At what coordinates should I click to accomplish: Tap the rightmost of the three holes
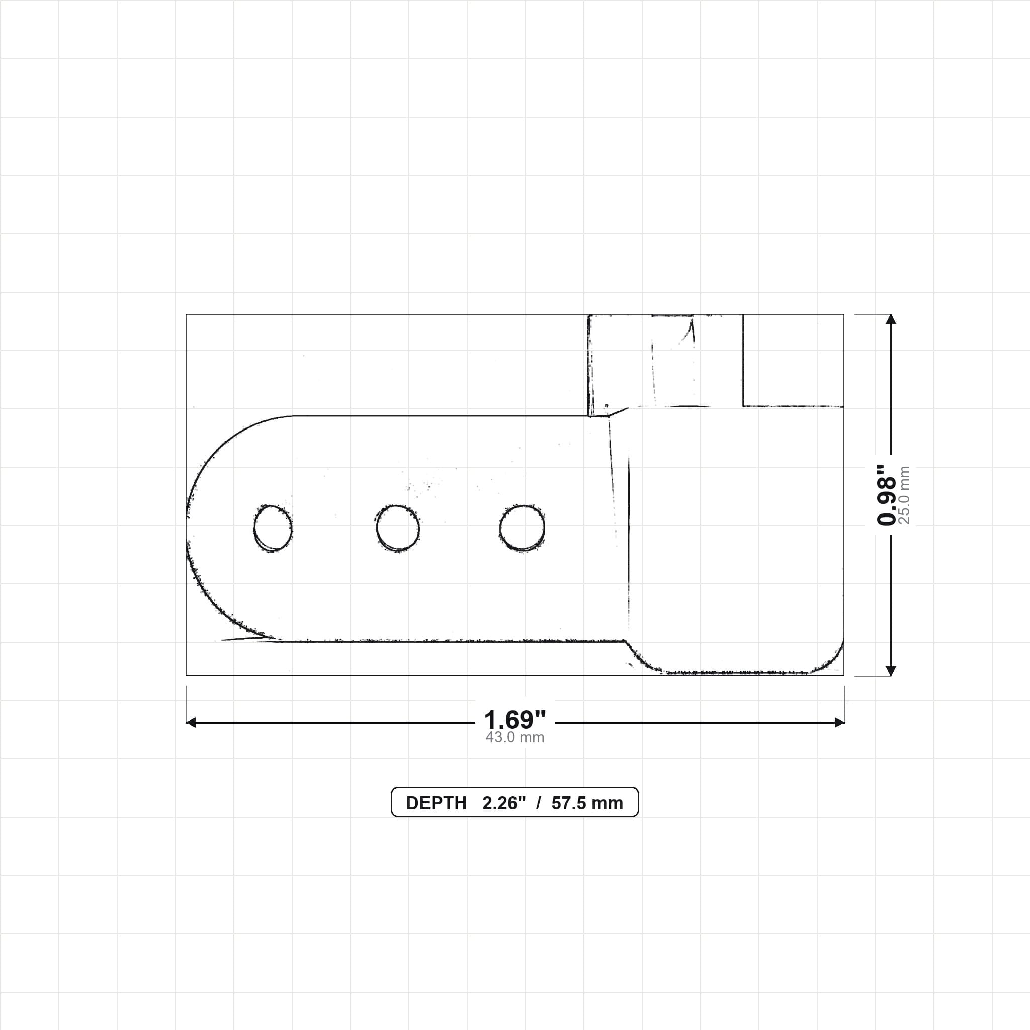point(523,528)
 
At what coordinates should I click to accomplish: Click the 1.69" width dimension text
point(515,720)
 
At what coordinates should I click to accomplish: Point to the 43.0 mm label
point(515,737)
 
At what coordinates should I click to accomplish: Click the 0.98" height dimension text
point(887,495)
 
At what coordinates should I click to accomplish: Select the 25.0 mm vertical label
point(905,495)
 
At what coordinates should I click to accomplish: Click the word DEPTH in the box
point(436,803)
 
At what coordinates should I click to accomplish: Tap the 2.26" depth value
point(504,803)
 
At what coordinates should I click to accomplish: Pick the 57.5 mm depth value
point(587,803)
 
